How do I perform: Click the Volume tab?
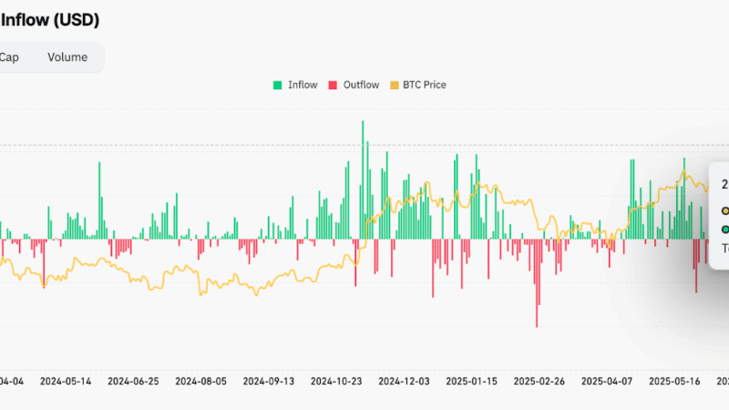[67, 57]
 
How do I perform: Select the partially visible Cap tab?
[9, 57]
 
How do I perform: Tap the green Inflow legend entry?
[295, 85]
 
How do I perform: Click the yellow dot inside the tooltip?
[725, 209]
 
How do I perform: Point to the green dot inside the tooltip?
[725, 229]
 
